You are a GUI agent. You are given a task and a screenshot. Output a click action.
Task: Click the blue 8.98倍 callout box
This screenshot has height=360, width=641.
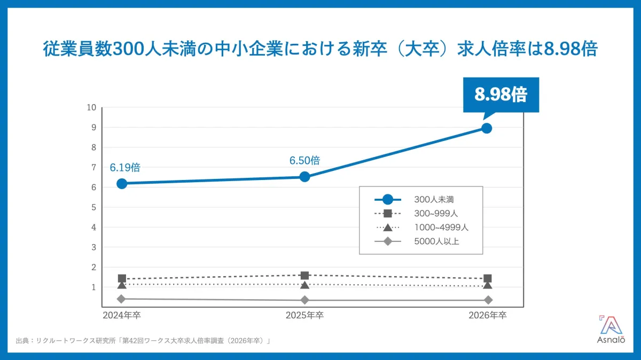[501, 95]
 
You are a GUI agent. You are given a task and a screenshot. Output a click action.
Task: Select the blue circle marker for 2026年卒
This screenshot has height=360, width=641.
[487, 128]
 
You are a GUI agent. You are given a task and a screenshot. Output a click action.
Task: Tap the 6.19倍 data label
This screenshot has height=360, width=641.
[125, 168]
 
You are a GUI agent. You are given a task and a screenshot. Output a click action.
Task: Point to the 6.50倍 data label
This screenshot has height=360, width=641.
[305, 161]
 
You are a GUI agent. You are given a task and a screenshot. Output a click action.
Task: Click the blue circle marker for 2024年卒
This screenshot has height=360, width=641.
[122, 184]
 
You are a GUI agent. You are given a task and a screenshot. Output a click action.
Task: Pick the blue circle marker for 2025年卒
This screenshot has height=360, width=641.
[305, 177]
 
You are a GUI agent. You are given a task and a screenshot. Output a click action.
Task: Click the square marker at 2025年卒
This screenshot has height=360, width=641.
[305, 276]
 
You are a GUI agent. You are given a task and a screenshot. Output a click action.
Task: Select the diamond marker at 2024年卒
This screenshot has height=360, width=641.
[121, 299]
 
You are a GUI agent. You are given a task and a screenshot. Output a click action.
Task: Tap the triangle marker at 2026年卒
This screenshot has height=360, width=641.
[488, 285]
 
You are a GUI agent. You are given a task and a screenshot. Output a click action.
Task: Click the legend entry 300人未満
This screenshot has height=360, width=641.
[415, 199]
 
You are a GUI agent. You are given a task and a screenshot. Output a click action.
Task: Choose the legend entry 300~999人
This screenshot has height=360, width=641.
[416, 214]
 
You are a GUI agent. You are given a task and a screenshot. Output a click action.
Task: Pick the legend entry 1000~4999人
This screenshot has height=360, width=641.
[421, 228]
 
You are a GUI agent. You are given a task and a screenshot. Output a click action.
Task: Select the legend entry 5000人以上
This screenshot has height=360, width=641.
[417, 241]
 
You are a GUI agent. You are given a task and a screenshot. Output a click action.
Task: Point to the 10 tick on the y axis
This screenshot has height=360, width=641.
[91, 107]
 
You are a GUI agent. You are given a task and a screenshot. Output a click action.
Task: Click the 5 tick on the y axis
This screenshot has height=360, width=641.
[94, 207]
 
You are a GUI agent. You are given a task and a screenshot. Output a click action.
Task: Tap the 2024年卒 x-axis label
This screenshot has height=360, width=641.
[122, 315]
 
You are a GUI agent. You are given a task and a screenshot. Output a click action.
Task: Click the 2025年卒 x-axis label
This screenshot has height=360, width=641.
[305, 315]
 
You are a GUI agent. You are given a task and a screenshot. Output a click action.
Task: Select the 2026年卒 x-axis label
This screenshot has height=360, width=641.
[488, 315]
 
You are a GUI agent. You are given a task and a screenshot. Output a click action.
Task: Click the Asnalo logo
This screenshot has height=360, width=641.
[611, 329]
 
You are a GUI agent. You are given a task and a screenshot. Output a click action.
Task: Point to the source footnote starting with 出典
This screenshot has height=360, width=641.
[143, 341]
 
